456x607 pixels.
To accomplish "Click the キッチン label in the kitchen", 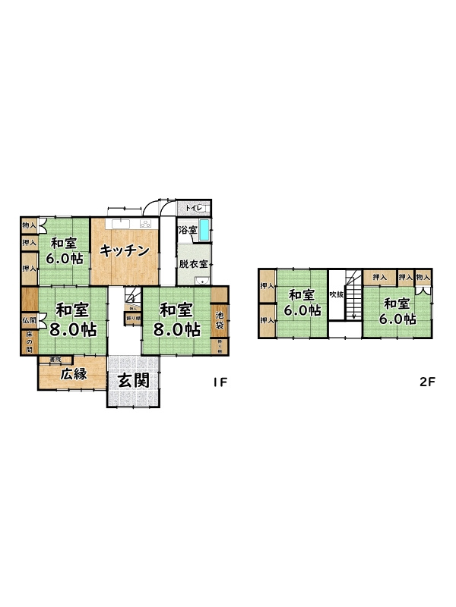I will [x=125, y=252].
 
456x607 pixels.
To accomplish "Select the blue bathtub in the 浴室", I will [x=204, y=231].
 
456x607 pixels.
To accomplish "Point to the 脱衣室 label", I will [x=194, y=264].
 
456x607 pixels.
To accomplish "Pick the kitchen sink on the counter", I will [x=120, y=224].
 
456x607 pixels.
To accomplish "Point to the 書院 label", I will [x=55, y=359].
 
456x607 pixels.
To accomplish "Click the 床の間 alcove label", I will [x=28, y=341].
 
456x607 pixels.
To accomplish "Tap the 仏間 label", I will [x=28, y=321].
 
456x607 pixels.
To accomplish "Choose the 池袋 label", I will [x=220, y=320].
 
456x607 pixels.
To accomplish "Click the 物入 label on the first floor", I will [x=29, y=225].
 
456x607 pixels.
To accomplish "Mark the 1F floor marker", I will [x=220, y=382].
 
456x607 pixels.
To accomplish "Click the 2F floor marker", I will [x=426, y=382].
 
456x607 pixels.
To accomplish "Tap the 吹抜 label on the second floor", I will [x=335, y=294].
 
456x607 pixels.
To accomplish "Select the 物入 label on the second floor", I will [x=423, y=278].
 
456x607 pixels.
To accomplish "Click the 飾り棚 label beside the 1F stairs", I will [x=132, y=319].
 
